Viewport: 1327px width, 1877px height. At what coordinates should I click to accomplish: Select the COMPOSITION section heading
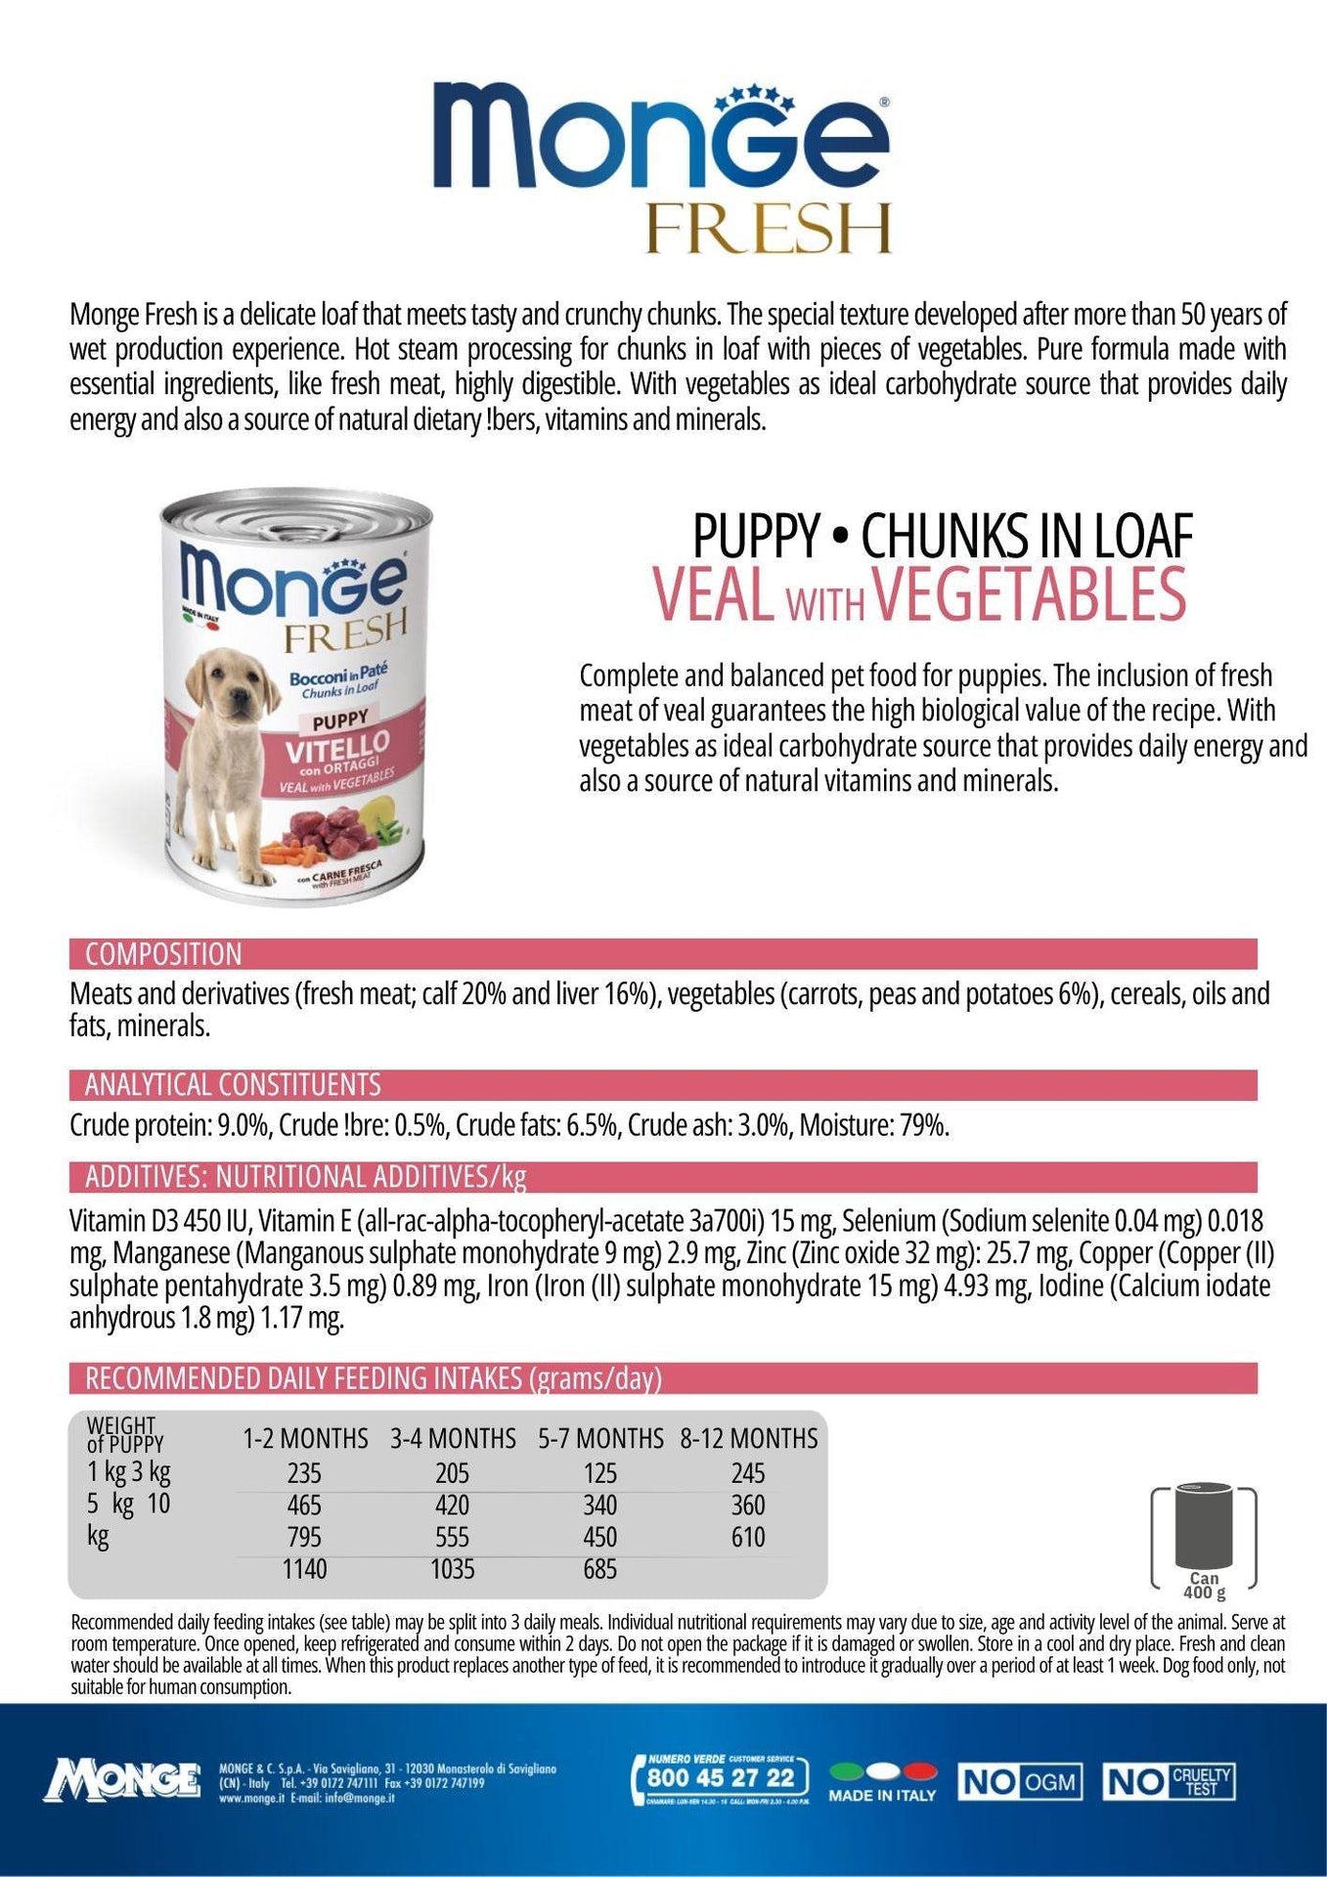point(163,954)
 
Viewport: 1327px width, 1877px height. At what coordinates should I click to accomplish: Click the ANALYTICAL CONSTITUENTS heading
point(233,1084)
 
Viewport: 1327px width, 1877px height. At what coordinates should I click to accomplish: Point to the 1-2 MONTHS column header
point(305,1438)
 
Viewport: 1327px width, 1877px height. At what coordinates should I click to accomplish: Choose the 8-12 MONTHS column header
point(749,1438)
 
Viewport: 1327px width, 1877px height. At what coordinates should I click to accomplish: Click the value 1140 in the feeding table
point(305,1569)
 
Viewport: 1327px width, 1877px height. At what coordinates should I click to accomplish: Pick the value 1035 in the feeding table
point(453,1569)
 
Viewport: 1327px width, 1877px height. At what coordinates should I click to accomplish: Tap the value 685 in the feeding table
point(600,1569)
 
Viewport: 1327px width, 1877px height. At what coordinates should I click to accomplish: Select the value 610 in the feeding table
point(748,1537)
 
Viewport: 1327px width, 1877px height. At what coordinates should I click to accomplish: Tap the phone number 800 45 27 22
point(722,1776)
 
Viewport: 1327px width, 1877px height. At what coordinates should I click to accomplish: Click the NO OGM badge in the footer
point(1019,1782)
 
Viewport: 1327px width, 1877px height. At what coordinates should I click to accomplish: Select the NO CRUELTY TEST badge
point(1168,1782)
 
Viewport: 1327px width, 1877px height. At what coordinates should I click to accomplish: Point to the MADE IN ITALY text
point(882,1795)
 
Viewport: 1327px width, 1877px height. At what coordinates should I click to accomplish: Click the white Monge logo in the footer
point(122,1779)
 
